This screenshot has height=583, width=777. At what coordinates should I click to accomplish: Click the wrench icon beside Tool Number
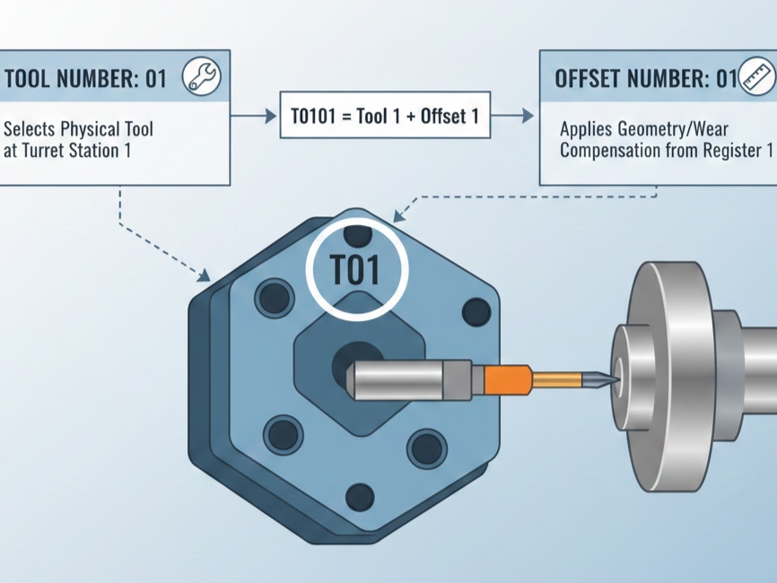201,77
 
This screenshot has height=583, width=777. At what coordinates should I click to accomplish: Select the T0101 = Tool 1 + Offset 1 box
385,116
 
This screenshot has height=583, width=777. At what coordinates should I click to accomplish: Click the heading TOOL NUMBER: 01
85,79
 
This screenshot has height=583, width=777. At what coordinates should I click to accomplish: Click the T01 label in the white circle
357,270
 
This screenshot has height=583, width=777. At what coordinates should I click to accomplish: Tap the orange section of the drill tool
507,379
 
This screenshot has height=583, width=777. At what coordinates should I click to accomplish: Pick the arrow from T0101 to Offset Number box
515,116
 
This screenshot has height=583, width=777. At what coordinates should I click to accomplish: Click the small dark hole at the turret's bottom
360,495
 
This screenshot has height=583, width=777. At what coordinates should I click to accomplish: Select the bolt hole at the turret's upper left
273,298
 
